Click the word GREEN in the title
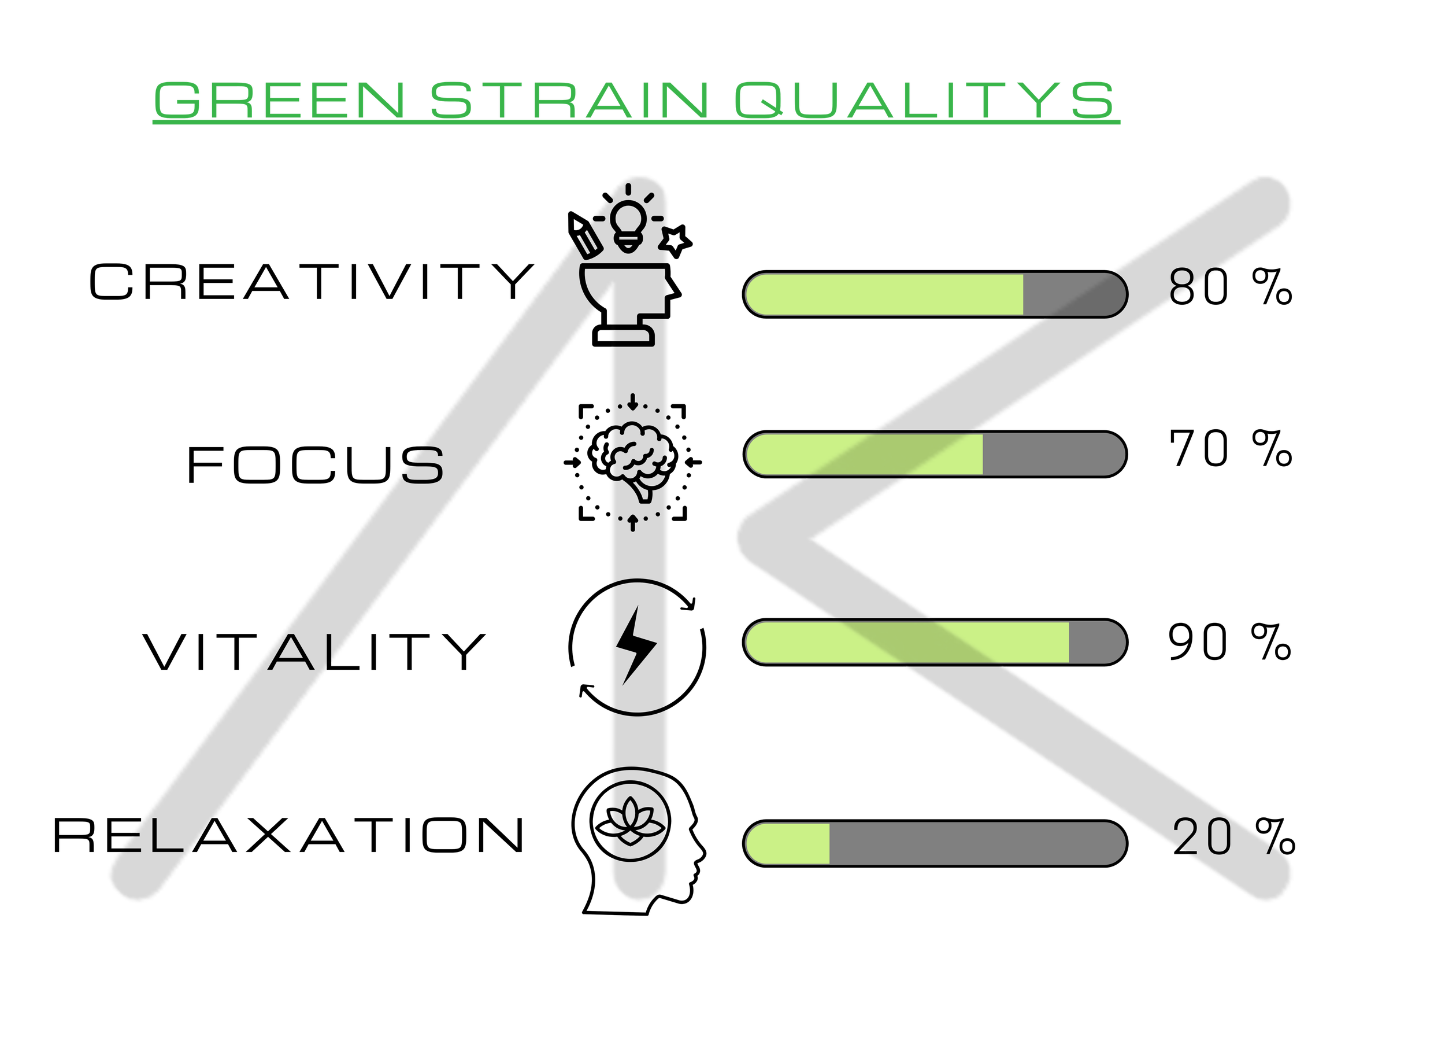pos(280,100)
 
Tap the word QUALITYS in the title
pos(924,100)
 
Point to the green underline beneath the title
pos(636,123)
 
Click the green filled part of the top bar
pos(884,294)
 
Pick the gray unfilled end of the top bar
pos(1072,294)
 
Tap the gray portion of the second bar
pos(1053,454)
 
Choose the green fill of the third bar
pos(906,642)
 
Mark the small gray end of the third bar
pos(1095,642)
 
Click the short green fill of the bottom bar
pos(788,844)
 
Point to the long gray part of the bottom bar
pos(976,844)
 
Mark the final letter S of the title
pos(1092,100)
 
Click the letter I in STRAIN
pos(646,100)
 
